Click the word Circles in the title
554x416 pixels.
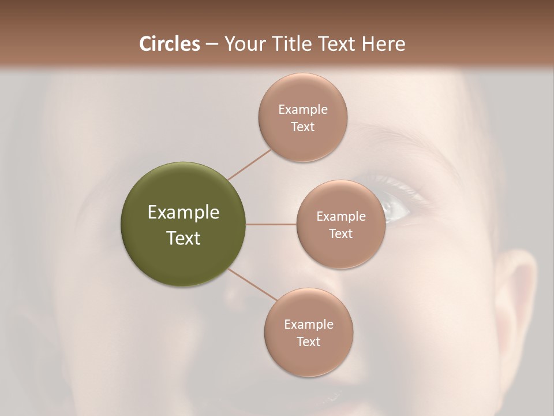point(169,44)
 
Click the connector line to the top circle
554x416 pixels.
point(249,164)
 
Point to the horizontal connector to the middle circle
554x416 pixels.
point(271,224)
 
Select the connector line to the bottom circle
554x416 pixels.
point(253,284)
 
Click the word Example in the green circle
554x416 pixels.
point(184,213)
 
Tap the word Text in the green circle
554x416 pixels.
point(184,238)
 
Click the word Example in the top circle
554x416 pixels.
point(302,110)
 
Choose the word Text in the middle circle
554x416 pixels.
point(341,233)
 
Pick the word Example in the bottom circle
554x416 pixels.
point(309,325)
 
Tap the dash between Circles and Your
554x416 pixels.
point(212,44)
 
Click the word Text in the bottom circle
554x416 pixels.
point(309,341)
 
